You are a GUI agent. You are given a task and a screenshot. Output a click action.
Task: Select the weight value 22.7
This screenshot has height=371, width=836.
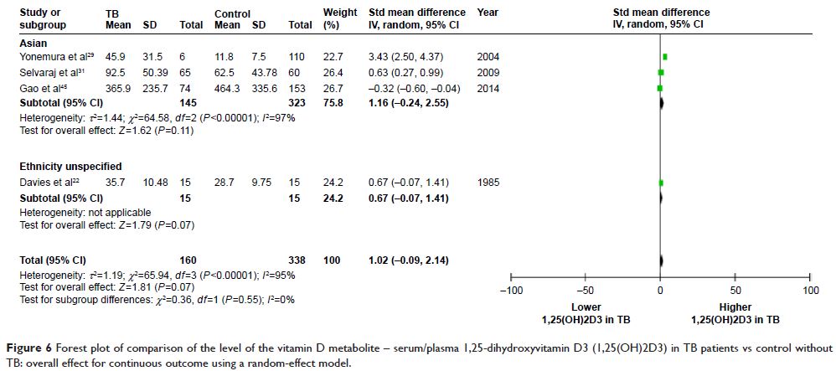333,56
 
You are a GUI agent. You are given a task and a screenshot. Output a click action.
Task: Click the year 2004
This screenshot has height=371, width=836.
488,56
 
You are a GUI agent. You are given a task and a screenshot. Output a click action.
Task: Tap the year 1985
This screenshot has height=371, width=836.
488,182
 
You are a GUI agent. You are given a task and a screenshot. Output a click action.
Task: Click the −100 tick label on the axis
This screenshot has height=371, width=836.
510,290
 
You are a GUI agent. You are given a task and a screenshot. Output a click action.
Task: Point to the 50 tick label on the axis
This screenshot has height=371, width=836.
735,290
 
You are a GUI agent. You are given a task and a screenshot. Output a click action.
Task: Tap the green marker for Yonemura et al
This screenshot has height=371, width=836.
665,56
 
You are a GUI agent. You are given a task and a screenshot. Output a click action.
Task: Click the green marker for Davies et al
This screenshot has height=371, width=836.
661,182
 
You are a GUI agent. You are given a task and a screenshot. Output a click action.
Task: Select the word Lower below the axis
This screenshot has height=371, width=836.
586,307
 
